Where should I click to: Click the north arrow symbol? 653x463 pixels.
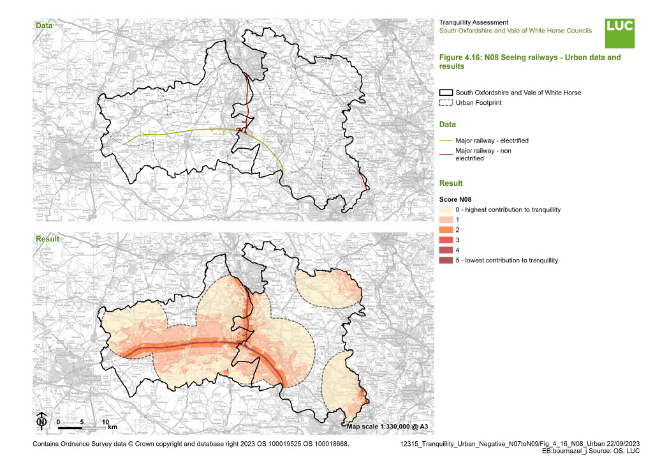click(x=41, y=421)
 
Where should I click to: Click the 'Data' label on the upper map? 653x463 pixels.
click(x=44, y=26)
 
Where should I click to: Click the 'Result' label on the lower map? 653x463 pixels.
click(x=47, y=239)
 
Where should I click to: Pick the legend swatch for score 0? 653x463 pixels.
click(x=446, y=210)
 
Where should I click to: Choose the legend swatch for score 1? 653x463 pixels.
click(x=446, y=219)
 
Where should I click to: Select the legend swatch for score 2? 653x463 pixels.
click(x=446, y=229)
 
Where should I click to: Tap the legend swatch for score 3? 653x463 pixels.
click(x=446, y=239)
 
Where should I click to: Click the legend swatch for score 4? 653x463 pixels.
click(x=446, y=250)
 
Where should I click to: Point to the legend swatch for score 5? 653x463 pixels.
click(x=446, y=260)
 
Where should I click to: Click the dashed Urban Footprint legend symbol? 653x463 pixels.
click(x=446, y=103)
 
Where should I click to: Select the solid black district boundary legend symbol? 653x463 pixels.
click(x=446, y=93)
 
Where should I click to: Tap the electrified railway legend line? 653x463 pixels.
click(x=446, y=140)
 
